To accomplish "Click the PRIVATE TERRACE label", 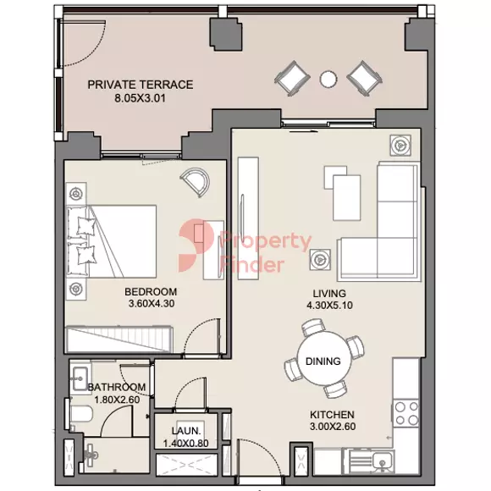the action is click(141, 85).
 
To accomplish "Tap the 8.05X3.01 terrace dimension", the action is click(140, 98).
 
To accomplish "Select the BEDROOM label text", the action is click(151, 292).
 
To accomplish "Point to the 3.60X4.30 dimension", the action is click(152, 304).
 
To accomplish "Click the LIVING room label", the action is click(329, 294).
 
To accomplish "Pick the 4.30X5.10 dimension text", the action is click(330, 306).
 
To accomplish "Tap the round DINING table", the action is click(323, 358).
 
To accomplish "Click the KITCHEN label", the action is click(332, 415).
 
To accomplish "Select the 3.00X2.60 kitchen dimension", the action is click(333, 427).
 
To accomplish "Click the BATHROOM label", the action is click(117, 388).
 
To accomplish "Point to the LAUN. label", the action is click(186, 431).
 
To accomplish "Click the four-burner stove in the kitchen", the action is click(406, 413).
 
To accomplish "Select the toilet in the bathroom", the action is click(80, 415).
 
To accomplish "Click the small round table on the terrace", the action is click(328, 79).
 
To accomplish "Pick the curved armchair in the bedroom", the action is click(196, 182).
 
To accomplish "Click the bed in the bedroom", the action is click(112, 241).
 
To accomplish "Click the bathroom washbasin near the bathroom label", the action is click(80, 378).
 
